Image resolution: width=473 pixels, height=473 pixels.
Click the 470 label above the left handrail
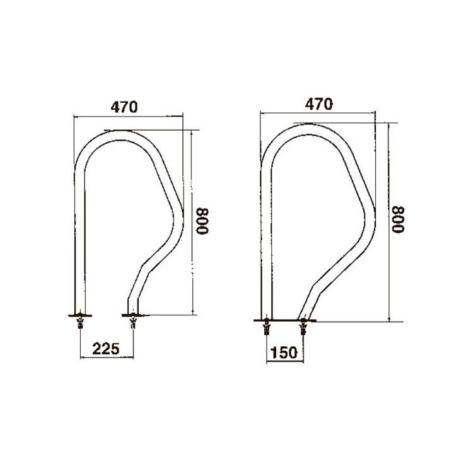(x=124, y=107)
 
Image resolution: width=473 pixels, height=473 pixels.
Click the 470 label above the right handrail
(x=319, y=104)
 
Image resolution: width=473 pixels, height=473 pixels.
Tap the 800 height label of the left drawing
(x=202, y=221)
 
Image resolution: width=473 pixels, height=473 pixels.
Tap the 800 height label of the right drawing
(x=397, y=219)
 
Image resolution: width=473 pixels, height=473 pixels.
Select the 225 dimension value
(x=106, y=349)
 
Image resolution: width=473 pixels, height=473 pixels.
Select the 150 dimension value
(x=284, y=353)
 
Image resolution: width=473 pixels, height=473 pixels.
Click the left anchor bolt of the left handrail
(x=80, y=322)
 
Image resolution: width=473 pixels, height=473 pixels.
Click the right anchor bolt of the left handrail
(x=133, y=322)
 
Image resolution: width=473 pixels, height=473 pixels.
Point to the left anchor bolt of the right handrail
(x=267, y=327)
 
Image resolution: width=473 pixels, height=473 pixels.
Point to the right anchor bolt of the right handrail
(x=303, y=327)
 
